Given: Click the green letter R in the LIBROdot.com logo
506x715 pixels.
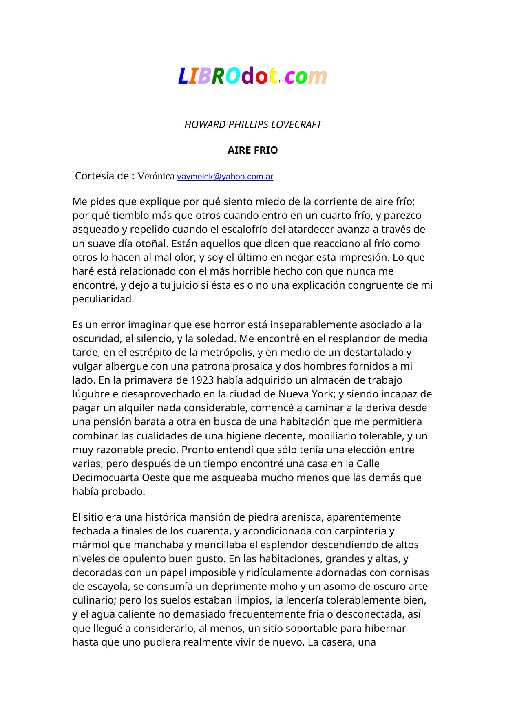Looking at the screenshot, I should (x=218, y=76).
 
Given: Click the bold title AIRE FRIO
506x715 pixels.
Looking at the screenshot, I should (x=253, y=150).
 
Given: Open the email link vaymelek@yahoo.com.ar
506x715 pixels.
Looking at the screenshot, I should (x=225, y=177).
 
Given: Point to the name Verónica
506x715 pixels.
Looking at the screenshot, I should (x=156, y=176).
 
